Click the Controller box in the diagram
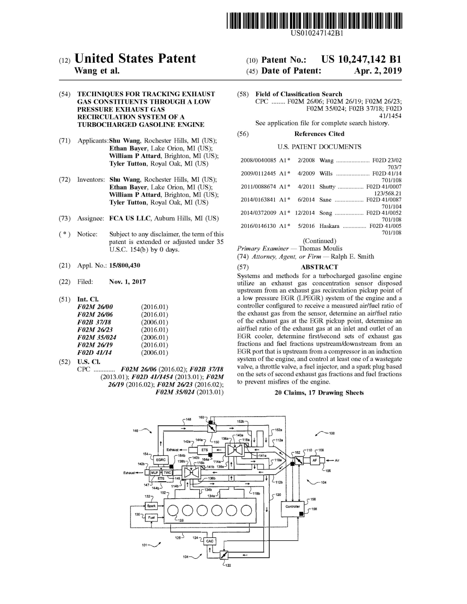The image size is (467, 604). tap(293, 506)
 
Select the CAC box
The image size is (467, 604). tap(210, 541)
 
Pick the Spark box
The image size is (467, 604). tap(151, 506)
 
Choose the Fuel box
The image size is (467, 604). tap(151, 517)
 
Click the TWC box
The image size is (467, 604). tap(167, 472)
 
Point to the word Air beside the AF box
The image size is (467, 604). tap(337, 460)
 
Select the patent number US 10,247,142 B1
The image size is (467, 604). tap(361, 59)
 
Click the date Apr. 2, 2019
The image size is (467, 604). tap(378, 71)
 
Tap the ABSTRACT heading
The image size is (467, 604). tap(319, 267)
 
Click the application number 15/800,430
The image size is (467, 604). tap(125, 266)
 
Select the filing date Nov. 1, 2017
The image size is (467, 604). tap(127, 282)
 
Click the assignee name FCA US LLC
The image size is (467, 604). tap(130, 218)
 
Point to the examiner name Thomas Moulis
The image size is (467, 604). tap(321, 248)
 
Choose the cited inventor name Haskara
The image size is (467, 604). tap(329, 226)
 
